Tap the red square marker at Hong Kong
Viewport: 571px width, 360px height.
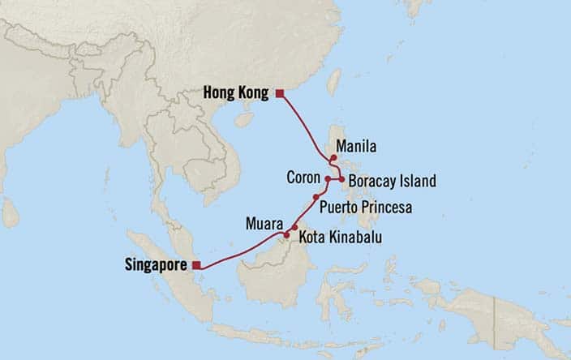tap(280, 94)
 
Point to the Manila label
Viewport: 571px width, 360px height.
tap(358, 148)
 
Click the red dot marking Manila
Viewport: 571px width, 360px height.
tap(333, 158)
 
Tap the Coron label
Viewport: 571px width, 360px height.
tap(303, 178)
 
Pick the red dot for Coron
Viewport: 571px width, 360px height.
tap(328, 179)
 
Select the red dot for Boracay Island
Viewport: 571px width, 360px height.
tap(341, 179)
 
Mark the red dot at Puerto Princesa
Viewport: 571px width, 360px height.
tap(316, 197)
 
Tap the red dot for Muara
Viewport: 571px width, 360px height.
tap(286, 235)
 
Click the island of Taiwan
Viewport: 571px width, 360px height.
tap(333, 82)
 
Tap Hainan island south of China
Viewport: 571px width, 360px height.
tap(244, 118)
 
